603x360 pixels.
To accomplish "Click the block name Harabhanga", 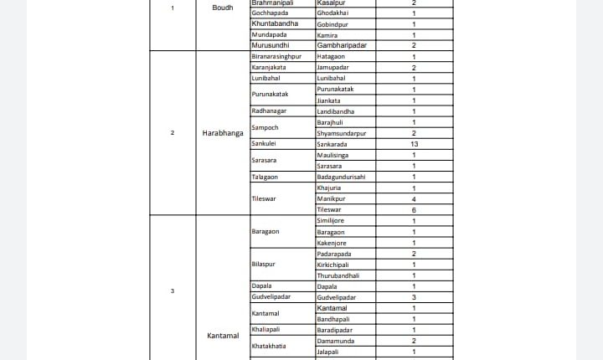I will (223, 132).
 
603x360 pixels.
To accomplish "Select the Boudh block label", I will (223, 8).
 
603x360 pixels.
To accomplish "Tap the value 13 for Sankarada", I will (414, 144).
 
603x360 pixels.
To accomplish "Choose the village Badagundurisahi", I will (342, 177).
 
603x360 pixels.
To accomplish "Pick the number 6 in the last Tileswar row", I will (414, 209).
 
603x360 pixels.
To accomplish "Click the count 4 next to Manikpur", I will (414, 198).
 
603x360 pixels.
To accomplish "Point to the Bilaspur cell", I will (264, 265).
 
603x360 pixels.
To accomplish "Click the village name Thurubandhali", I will (338, 275).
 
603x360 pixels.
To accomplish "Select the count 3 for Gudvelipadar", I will (414, 297).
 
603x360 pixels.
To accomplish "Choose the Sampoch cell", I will (265, 127).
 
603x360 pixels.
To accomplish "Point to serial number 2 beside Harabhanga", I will (173, 132).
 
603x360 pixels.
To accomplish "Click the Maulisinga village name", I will (334, 155).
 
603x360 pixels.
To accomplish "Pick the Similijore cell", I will (332, 221).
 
